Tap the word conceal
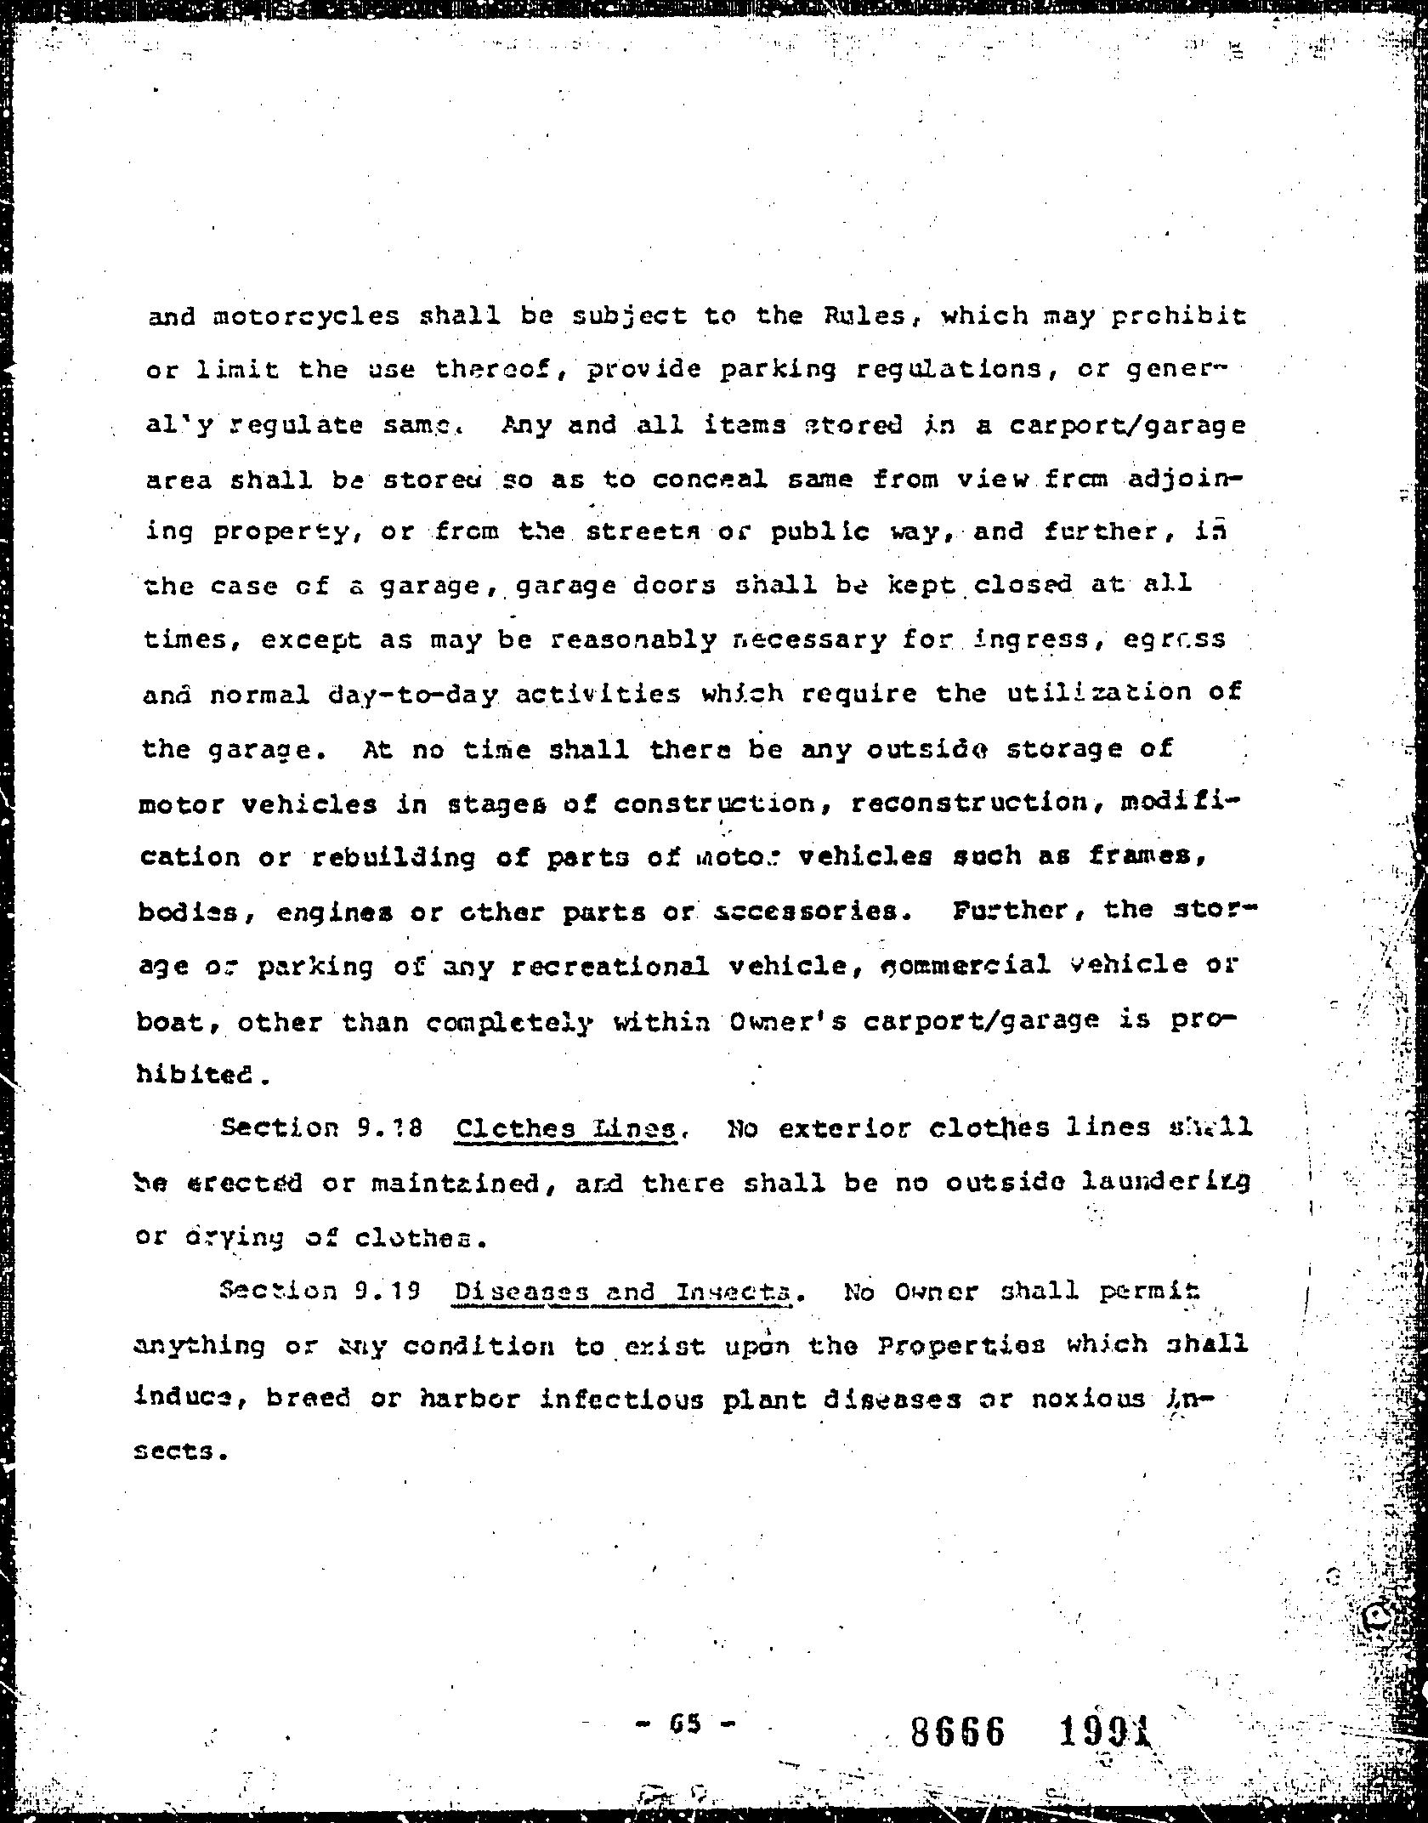click(x=709, y=480)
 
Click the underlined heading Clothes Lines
click(x=566, y=1129)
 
